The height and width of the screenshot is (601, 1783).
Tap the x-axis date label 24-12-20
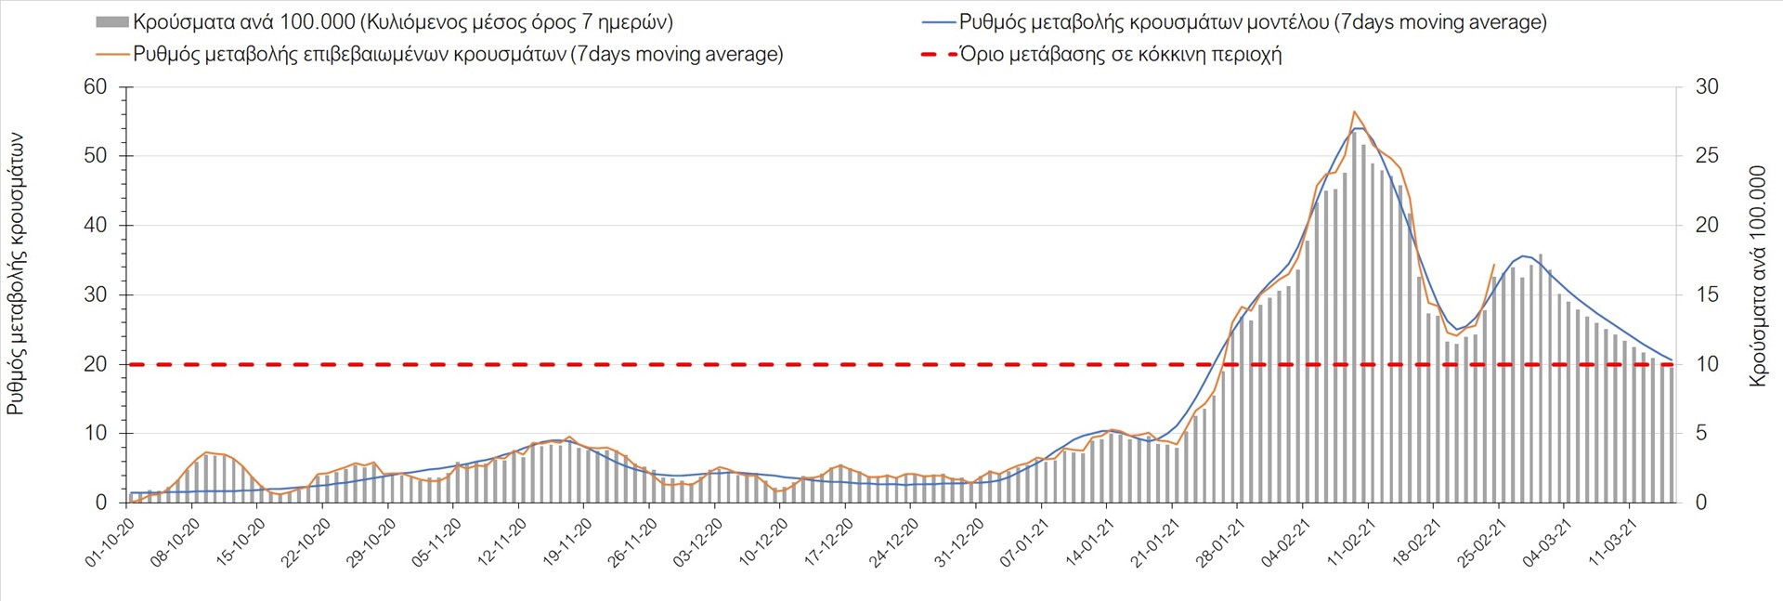[894, 542]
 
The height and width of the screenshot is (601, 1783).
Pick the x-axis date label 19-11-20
[568, 542]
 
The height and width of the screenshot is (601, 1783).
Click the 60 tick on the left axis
[96, 87]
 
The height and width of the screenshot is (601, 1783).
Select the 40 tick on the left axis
[96, 226]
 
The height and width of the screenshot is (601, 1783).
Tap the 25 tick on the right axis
[1707, 156]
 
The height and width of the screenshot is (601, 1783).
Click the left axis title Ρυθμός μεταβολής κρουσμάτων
[16, 273]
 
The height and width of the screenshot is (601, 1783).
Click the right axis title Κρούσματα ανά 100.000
[1757, 277]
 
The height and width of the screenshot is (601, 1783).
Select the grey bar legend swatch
[111, 22]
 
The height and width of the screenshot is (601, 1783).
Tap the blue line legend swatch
[939, 22]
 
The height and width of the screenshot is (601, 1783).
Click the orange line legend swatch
[111, 54]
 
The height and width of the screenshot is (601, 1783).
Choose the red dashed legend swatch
[938, 54]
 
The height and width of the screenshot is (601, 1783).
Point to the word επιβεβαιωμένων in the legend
[379, 54]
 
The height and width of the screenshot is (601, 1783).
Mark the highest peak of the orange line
[1354, 111]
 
